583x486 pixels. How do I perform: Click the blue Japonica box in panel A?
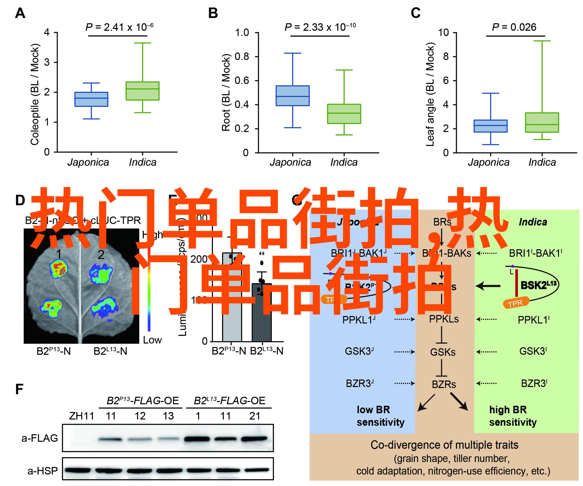[x=91, y=99]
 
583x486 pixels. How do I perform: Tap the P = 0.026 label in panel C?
[x=514, y=27]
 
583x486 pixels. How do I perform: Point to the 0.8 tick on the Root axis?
[x=242, y=57]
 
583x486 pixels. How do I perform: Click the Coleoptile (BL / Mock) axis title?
[x=35, y=94]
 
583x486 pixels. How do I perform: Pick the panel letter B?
[x=213, y=13]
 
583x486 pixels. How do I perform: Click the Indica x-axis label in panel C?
[x=542, y=162]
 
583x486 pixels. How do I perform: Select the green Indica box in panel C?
[x=542, y=122]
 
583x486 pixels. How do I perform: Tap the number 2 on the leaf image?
[x=101, y=255]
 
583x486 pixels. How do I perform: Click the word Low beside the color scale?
[x=152, y=340]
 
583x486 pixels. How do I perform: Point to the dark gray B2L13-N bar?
[x=262, y=312]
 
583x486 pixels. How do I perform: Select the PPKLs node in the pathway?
[x=444, y=319]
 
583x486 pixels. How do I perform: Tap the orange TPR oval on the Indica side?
[x=516, y=303]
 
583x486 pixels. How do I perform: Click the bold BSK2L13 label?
[x=539, y=285]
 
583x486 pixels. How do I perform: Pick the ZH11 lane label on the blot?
[x=81, y=416]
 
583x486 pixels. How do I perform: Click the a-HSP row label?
[x=42, y=471]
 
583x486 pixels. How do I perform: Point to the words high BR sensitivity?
[x=513, y=416]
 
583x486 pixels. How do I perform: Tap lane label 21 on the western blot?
[x=255, y=416]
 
